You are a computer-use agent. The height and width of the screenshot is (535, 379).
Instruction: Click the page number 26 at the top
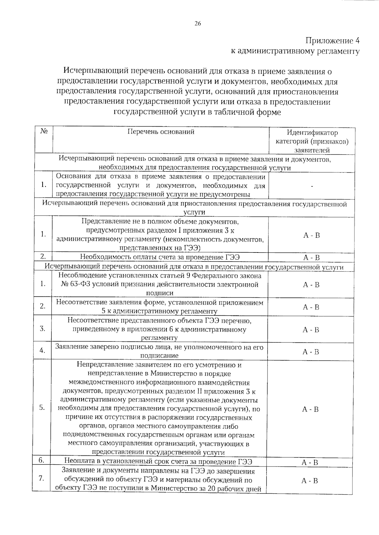point(198,24)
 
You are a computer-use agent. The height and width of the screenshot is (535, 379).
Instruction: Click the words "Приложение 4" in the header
point(332,41)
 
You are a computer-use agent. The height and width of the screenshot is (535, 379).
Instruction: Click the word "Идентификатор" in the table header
point(312,133)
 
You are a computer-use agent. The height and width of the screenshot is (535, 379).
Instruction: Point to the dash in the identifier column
point(312,186)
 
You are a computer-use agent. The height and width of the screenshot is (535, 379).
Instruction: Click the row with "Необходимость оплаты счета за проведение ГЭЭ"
point(159,257)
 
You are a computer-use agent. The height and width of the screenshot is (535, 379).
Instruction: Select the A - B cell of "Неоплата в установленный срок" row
point(310,463)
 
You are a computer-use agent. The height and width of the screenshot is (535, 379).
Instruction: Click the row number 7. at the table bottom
point(41,478)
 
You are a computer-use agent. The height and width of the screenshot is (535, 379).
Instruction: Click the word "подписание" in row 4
point(159,356)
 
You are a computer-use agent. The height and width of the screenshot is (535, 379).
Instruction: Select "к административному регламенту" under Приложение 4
point(295,51)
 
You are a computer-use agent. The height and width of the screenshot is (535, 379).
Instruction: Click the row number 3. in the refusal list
point(42,329)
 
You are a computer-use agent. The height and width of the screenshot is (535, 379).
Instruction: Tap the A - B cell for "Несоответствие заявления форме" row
point(311,307)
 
